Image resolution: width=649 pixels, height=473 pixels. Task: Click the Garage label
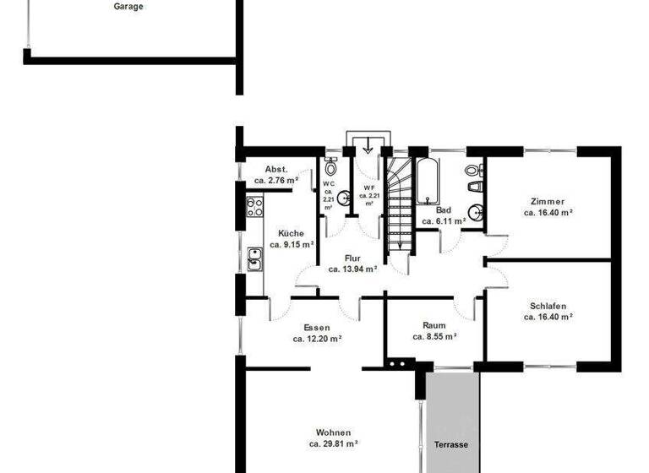(x=128, y=7)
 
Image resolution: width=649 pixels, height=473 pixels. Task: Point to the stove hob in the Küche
(x=254, y=207)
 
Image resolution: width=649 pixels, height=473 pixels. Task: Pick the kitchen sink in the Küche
(x=254, y=259)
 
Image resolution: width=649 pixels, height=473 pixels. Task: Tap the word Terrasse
(x=451, y=444)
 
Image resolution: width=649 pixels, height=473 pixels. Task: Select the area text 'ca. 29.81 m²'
(x=334, y=443)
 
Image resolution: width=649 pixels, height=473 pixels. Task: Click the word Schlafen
(x=548, y=306)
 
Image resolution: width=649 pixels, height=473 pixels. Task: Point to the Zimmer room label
(x=548, y=202)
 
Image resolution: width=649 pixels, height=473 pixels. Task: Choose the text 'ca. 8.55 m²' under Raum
(x=434, y=336)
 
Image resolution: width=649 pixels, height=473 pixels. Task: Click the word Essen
(x=317, y=328)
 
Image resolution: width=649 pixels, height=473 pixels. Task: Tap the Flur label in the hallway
(x=352, y=258)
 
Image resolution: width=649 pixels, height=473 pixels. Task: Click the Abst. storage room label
(x=276, y=169)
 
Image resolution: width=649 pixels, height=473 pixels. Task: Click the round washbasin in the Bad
(x=476, y=212)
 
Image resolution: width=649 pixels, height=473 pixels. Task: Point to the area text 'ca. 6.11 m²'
(x=444, y=221)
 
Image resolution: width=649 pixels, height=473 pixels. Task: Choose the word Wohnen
(x=334, y=432)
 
